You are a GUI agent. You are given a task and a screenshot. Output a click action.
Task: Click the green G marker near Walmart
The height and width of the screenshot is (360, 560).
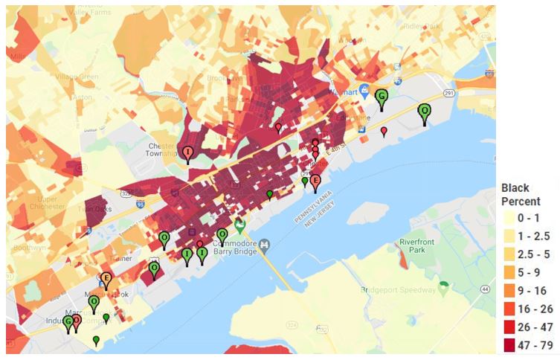pos(382,97)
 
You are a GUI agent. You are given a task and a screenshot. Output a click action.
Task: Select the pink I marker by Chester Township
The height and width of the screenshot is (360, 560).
pos(188,154)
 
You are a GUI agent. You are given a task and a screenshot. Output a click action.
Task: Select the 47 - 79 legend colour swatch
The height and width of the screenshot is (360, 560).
pos(509,345)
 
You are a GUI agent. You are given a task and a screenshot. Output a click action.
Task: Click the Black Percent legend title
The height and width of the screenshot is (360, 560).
pos(521,195)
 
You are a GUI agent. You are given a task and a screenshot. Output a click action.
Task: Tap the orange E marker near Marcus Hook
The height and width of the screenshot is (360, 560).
pos(106,280)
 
